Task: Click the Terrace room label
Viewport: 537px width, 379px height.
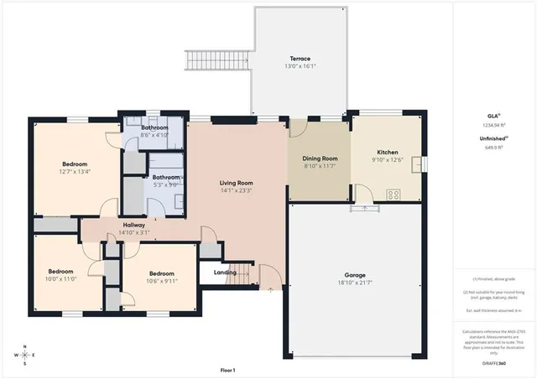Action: click(300, 58)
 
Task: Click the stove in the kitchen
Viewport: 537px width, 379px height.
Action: click(393, 194)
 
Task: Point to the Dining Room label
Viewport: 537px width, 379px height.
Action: click(320, 158)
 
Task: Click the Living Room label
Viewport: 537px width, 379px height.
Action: click(237, 183)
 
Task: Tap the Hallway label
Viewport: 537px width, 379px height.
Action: click(134, 225)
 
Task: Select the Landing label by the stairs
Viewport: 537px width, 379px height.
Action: click(225, 272)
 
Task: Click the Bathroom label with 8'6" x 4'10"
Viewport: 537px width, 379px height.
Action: click(154, 127)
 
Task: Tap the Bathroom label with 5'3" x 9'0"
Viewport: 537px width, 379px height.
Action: click(165, 178)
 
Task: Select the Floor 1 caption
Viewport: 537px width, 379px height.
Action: click(227, 370)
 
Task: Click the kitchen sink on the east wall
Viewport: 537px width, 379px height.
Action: click(417, 163)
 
